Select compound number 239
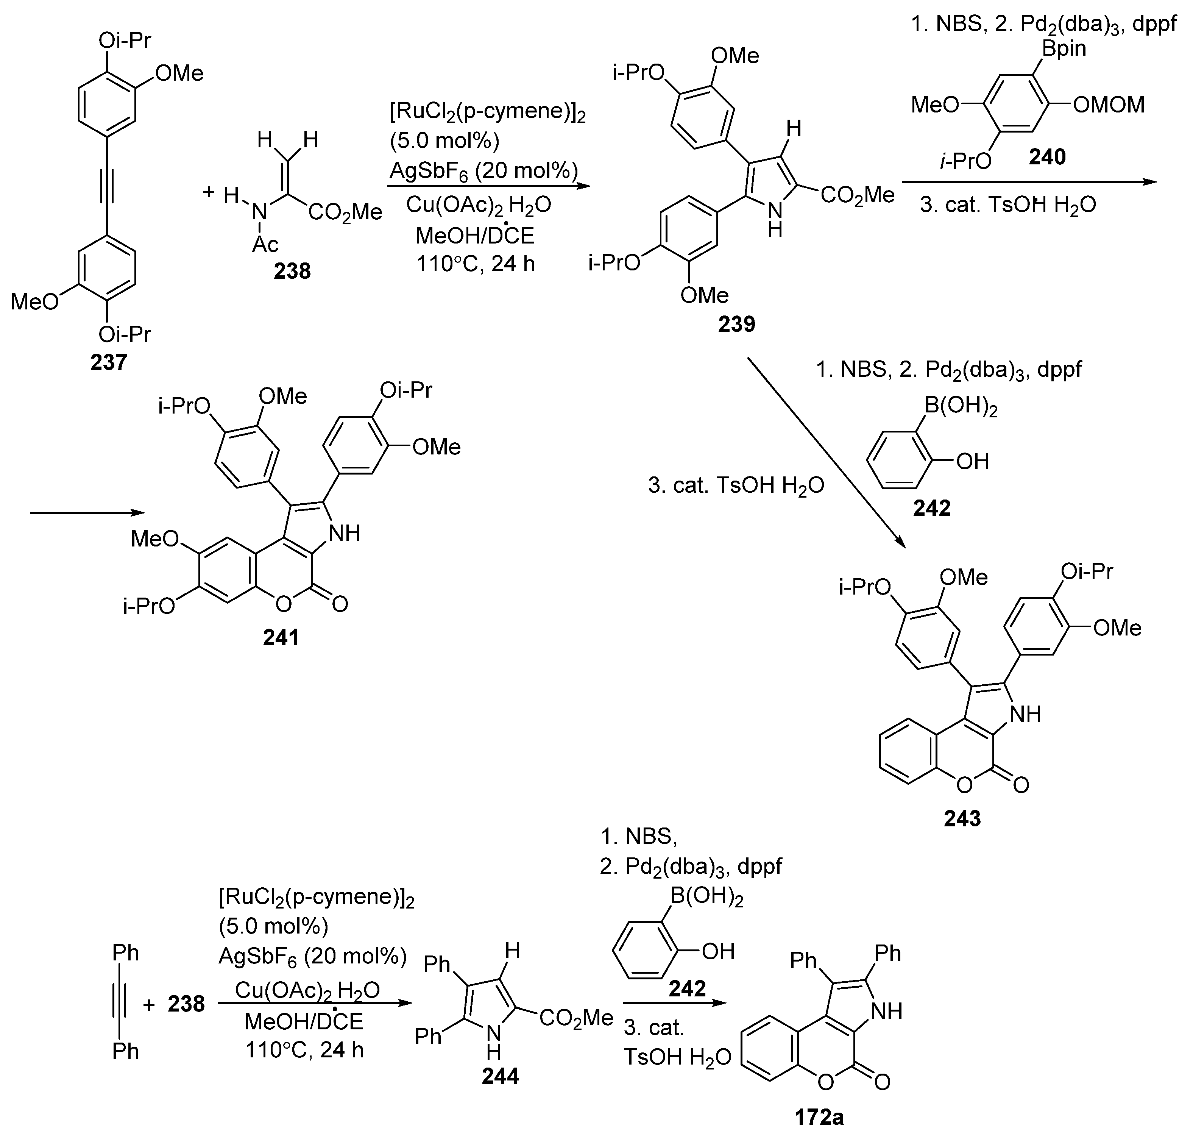tap(736, 324)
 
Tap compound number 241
tap(281, 637)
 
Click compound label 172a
tap(819, 1117)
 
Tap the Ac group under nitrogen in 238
tap(265, 244)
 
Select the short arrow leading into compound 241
tap(88, 513)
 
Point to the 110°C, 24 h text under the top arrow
tap(476, 264)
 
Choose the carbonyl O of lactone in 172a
tap(882, 1081)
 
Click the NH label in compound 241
tap(344, 533)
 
